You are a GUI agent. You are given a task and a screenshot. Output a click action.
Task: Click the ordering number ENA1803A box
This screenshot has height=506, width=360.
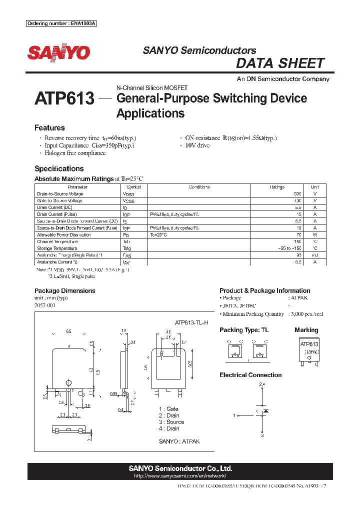(60, 23)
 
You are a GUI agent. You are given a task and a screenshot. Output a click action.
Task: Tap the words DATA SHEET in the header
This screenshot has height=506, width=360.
(280, 63)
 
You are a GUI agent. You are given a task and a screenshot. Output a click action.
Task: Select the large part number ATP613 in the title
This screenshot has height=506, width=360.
(64, 98)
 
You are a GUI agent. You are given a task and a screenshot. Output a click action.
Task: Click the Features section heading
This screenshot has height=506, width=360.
(49, 128)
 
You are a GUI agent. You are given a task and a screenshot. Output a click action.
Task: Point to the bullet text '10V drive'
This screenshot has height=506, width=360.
(197, 145)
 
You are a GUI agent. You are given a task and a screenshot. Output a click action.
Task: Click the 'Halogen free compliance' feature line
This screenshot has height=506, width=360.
(75, 153)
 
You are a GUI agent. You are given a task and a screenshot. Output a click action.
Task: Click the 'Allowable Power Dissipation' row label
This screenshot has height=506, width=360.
(64, 234)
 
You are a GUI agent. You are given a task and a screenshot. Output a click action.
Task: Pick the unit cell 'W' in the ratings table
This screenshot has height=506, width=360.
(315, 234)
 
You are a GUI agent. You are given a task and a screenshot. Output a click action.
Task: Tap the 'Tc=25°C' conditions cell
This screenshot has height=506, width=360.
(158, 234)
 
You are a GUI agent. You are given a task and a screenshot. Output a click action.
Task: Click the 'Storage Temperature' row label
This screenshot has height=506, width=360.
(57, 248)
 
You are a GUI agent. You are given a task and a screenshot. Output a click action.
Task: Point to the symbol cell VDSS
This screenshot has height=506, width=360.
(128, 194)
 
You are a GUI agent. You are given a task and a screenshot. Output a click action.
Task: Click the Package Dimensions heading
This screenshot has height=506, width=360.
(64, 290)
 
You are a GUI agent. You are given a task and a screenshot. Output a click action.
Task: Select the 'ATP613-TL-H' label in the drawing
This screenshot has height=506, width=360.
(191, 323)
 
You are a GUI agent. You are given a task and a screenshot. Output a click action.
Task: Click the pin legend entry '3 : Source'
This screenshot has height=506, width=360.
(171, 422)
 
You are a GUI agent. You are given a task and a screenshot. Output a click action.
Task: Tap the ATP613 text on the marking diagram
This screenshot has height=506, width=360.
(309, 344)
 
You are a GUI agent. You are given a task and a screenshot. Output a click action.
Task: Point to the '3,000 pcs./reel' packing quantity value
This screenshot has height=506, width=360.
(305, 314)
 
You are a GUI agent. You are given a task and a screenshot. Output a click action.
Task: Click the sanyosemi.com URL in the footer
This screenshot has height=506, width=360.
(180, 476)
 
